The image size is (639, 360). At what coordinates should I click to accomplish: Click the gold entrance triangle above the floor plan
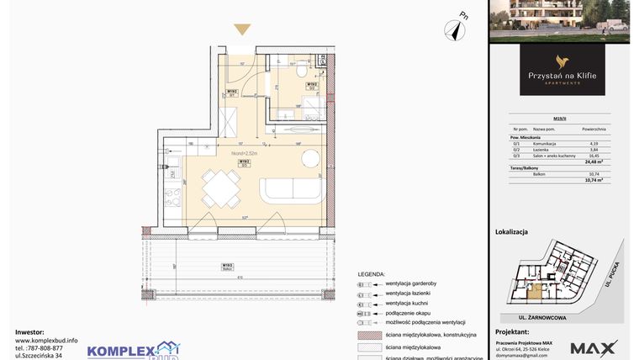pos(241,29)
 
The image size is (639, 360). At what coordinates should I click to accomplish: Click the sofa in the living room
pos(288,190)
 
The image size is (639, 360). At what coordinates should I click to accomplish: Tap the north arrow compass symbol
pos(458,29)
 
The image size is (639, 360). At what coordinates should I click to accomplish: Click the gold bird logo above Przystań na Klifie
pos(561,60)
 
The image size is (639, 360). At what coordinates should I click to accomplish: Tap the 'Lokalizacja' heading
pos(513,230)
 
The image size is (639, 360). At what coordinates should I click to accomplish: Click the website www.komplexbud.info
pos(45,340)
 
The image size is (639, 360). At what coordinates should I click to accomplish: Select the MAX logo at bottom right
pos(594,347)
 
